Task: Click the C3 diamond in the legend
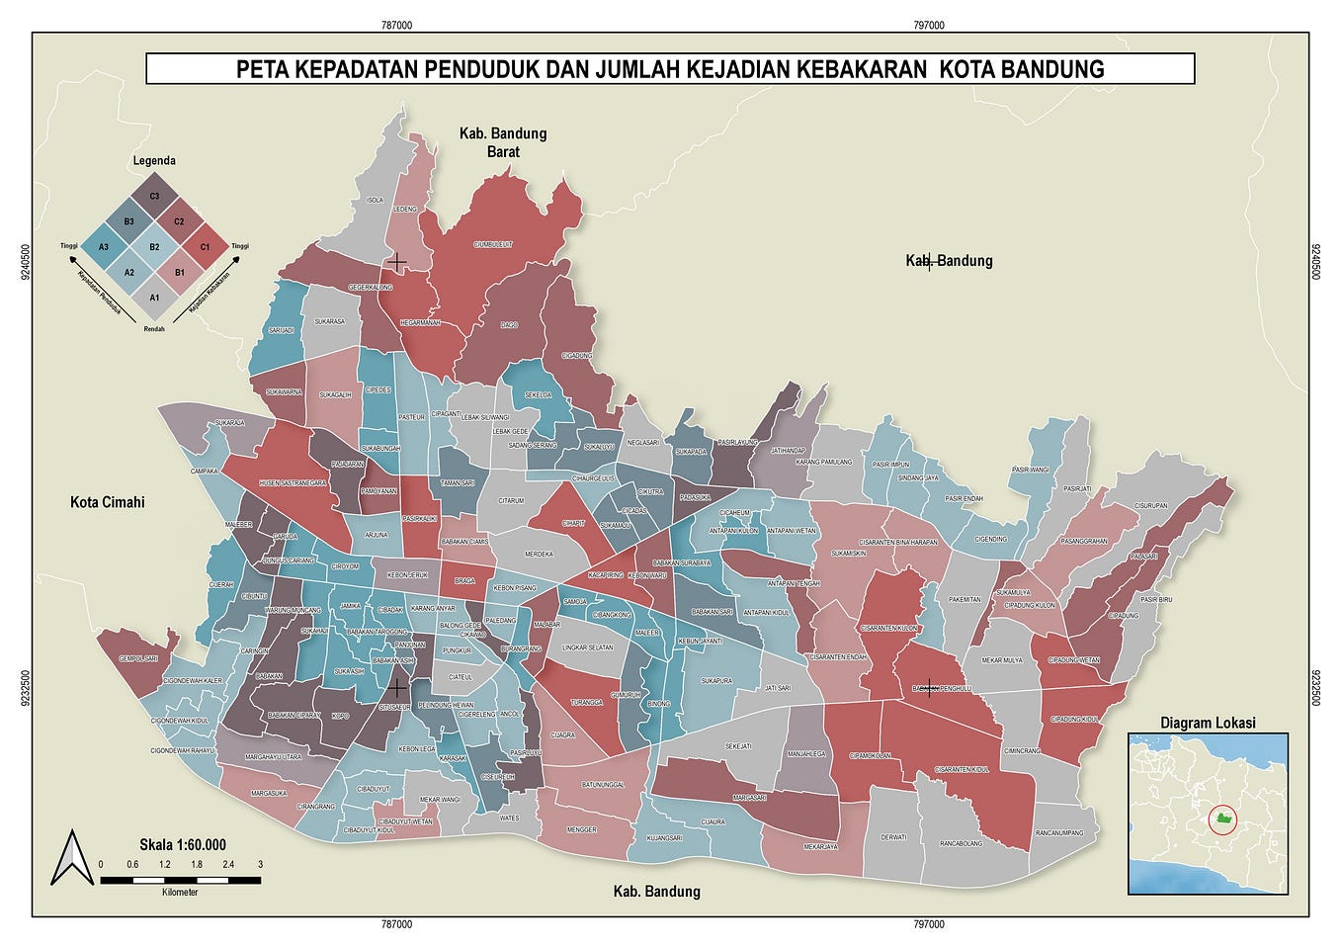pos(154,196)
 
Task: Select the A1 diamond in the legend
pos(154,297)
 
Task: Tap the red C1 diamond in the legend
pos(205,246)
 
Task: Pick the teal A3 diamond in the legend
pos(104,246)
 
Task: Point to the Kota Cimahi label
pos(107,502)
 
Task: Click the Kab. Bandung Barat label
pos(502,142)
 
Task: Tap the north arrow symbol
pos(71,857)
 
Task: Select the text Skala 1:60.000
pos(182,844)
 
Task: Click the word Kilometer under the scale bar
pos(180,892)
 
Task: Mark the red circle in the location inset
pos(1223,819)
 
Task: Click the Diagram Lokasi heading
pos(1208,723)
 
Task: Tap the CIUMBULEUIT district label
pos(493,244)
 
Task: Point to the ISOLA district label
pos(375,200)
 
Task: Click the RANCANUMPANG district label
pos(1059,833)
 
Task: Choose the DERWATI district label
pos(893,837)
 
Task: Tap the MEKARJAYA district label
pos(820,846)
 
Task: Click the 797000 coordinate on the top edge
pos(928,25)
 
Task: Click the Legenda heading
pos(154,160)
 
